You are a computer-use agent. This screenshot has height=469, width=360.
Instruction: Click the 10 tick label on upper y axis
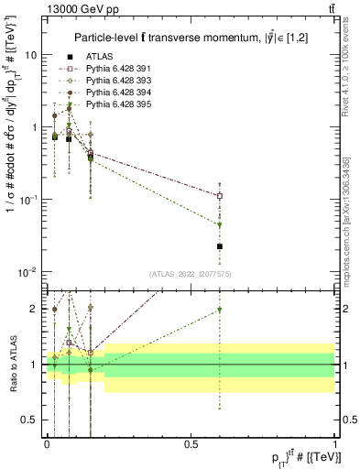point(30,55)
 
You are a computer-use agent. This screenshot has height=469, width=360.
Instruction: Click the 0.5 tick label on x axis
point(191,442)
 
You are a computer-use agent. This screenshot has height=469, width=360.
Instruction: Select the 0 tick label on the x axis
point(47,442)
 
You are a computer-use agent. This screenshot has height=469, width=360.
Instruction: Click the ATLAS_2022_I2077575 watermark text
point(191,274)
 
